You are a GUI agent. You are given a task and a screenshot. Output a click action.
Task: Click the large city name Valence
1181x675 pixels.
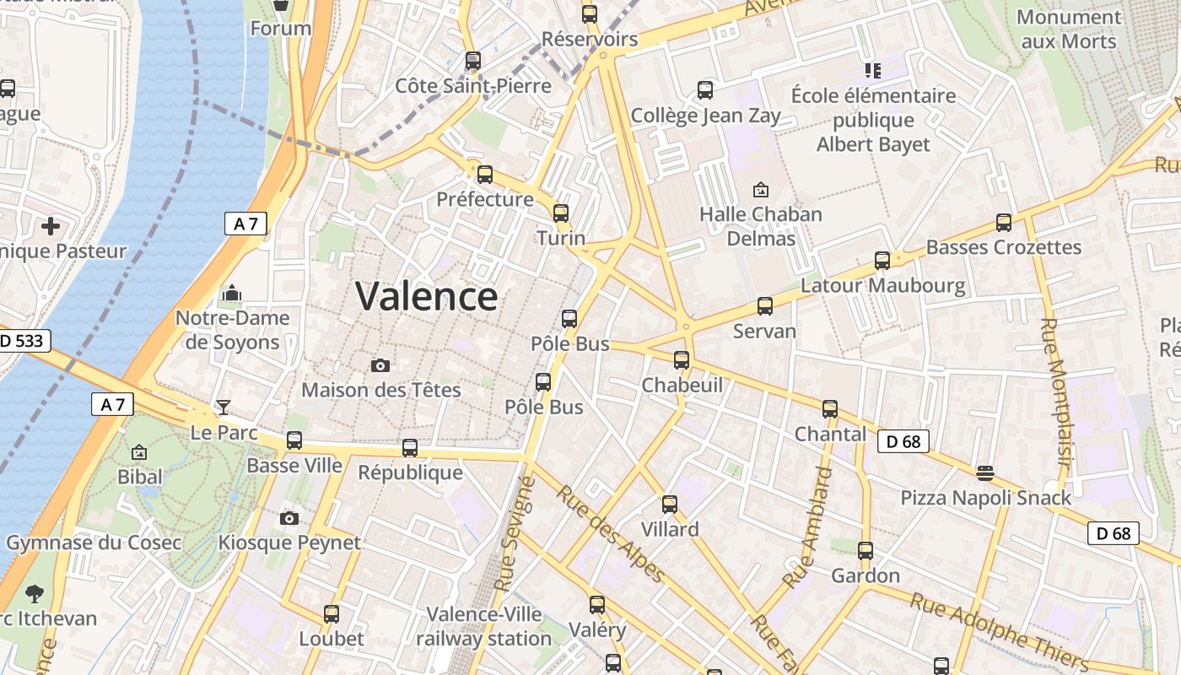click(x=426, y=297)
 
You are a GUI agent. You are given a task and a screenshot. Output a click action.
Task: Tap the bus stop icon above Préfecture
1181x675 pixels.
click(x=484, y=175)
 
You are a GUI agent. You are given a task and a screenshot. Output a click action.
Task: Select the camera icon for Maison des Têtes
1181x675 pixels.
click(x=380, y=365)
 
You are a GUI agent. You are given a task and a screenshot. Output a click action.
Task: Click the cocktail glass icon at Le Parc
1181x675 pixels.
click(x=223, y=408)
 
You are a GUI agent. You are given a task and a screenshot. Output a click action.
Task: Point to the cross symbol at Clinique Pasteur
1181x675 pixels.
click(x=51, y=225)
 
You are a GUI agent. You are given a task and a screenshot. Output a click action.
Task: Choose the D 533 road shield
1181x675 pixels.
click(x=23, y=341)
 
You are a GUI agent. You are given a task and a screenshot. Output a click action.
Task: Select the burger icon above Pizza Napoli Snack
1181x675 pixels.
click(x=984, y=472)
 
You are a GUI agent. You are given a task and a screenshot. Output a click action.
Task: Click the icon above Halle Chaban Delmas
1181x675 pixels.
click(x=761, y=189)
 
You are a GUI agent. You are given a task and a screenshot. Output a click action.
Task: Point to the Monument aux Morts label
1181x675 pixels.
click(x=1069, y=29)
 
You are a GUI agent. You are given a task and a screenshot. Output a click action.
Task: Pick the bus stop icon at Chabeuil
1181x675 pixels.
click(x=682, y=360)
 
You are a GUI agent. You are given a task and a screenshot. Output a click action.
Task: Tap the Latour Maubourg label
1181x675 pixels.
click(x=883, y=285)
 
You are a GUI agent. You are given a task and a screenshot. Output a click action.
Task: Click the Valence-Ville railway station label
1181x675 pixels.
click(x=483, y=626)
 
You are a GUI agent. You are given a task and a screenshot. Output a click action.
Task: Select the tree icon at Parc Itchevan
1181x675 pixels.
click(x=35, y=594)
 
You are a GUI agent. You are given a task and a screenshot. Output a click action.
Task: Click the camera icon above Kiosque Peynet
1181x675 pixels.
click(x=289, y=518)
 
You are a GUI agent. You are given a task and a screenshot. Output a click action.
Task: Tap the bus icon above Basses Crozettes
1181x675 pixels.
click(x=1003, y=223)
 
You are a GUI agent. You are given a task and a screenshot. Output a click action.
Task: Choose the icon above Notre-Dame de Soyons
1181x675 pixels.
click(x=231, y=294)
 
